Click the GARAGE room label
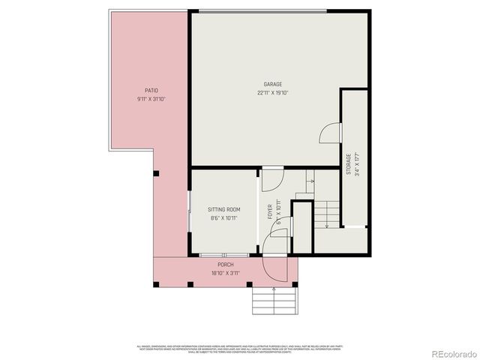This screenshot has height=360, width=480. (x=272, y=84)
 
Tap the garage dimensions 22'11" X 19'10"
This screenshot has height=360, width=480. (x=272, y=93)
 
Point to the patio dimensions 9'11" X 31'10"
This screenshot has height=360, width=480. (x=151, y=99)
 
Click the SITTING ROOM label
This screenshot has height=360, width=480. (x=223, y=209)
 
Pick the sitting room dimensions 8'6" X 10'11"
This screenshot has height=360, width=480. (x=223, y=218)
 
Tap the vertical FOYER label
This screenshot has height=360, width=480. (x=270, y=211)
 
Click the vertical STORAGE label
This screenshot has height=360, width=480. (x=349, y=164)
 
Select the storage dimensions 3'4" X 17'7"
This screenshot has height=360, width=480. (x=358, y=163)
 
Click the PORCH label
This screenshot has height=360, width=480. (x=225, y=265)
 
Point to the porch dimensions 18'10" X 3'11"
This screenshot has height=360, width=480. (x=225, y=274)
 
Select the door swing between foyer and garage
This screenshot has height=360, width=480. (x=272, y=178)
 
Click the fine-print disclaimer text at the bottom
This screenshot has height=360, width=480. (x=240, y=348)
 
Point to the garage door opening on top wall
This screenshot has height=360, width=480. (x=262, y=10)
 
